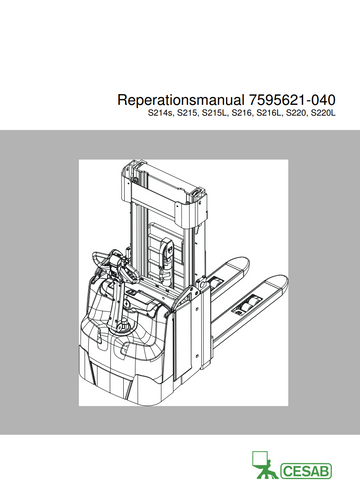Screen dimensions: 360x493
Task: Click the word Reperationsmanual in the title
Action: pyautogui.click(x=181, y=100)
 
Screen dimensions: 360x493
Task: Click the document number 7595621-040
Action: pyautogui.click(x=292, y=100)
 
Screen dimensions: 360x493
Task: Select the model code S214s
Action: pyautogui.click(x=160, y=114)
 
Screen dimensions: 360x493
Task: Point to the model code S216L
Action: pyautogui.click(x=270, y=114)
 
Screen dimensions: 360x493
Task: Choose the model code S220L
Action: pyautogui.click(x=323, y=114)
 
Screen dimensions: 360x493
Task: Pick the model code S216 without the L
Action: pyautogui.click(x=242, y=114)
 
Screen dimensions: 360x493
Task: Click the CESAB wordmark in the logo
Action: pyautogui.click(x=306, y=471)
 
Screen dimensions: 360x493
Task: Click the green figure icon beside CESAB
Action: pyautogui.click(x=263, y=465)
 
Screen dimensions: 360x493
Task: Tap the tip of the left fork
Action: pyautogui.click(x=245, y=263)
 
